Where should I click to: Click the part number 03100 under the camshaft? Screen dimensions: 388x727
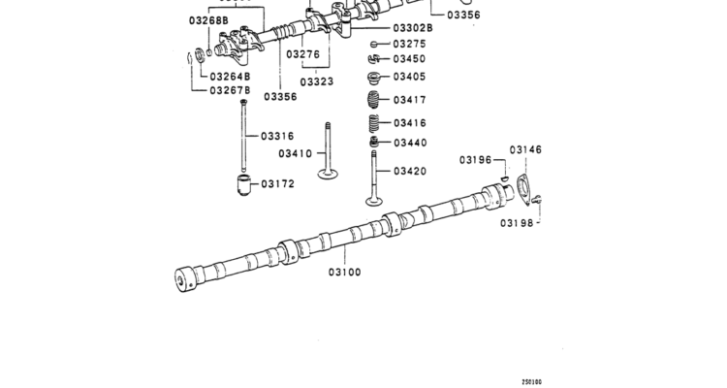344,272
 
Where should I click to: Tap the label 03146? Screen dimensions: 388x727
526,149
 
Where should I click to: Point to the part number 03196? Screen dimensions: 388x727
476,159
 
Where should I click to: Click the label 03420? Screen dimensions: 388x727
409,171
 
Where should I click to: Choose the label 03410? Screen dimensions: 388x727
295,153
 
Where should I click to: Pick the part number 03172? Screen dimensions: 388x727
279,183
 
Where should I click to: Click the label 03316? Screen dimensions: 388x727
278,136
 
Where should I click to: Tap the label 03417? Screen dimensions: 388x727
409,100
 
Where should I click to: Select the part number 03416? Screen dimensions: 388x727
409,123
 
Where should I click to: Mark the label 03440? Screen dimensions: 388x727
409,143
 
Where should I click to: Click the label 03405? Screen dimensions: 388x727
409,77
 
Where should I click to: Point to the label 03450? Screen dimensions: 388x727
409,59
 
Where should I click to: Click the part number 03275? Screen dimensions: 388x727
409,44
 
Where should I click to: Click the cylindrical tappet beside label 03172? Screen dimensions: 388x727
243,184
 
